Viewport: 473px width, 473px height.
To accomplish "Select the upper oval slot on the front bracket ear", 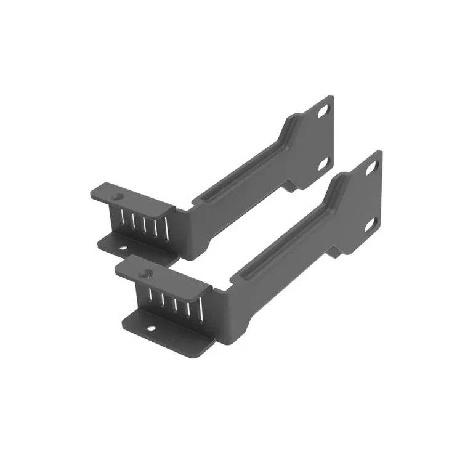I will (372, 166).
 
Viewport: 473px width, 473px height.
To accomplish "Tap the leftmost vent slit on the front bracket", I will (150, 295).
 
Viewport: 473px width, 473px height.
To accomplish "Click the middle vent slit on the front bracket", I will (174, 302).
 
